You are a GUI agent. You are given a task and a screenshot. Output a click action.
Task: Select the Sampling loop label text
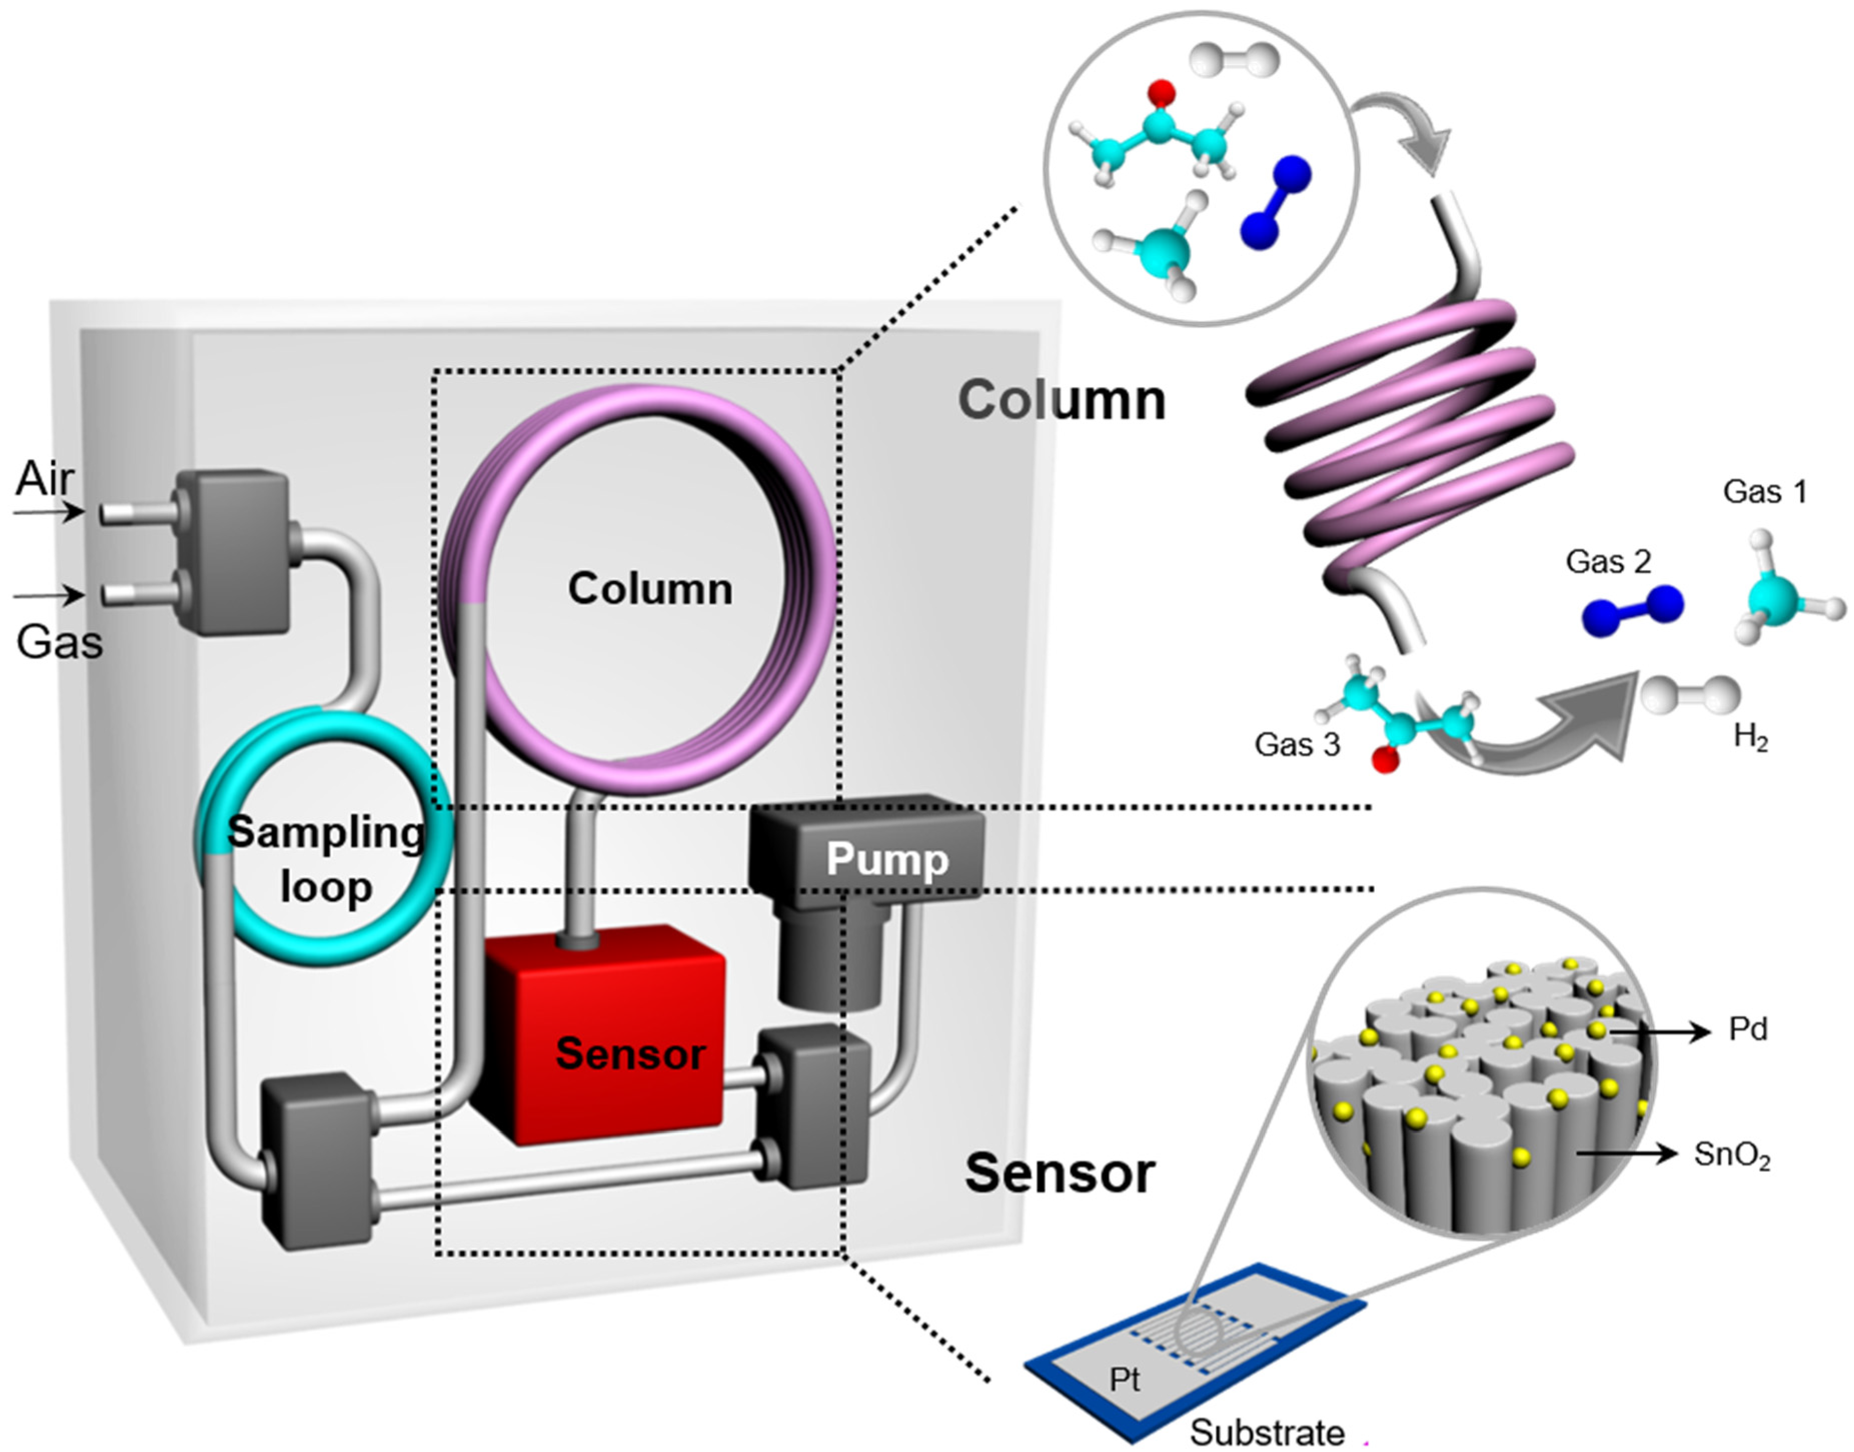pyautogui.click(x=326, y=858)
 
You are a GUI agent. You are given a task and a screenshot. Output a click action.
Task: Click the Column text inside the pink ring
pyautogui.click(x=650, y=588)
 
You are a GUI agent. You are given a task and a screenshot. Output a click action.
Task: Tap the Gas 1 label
pyautogui.click(x=1765, y=492)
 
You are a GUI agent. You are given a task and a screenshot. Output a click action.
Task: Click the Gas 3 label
pyautogui.click(x=1297, y=744)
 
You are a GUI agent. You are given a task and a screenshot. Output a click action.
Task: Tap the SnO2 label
pyautogui.click(x=1731, y=1155)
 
